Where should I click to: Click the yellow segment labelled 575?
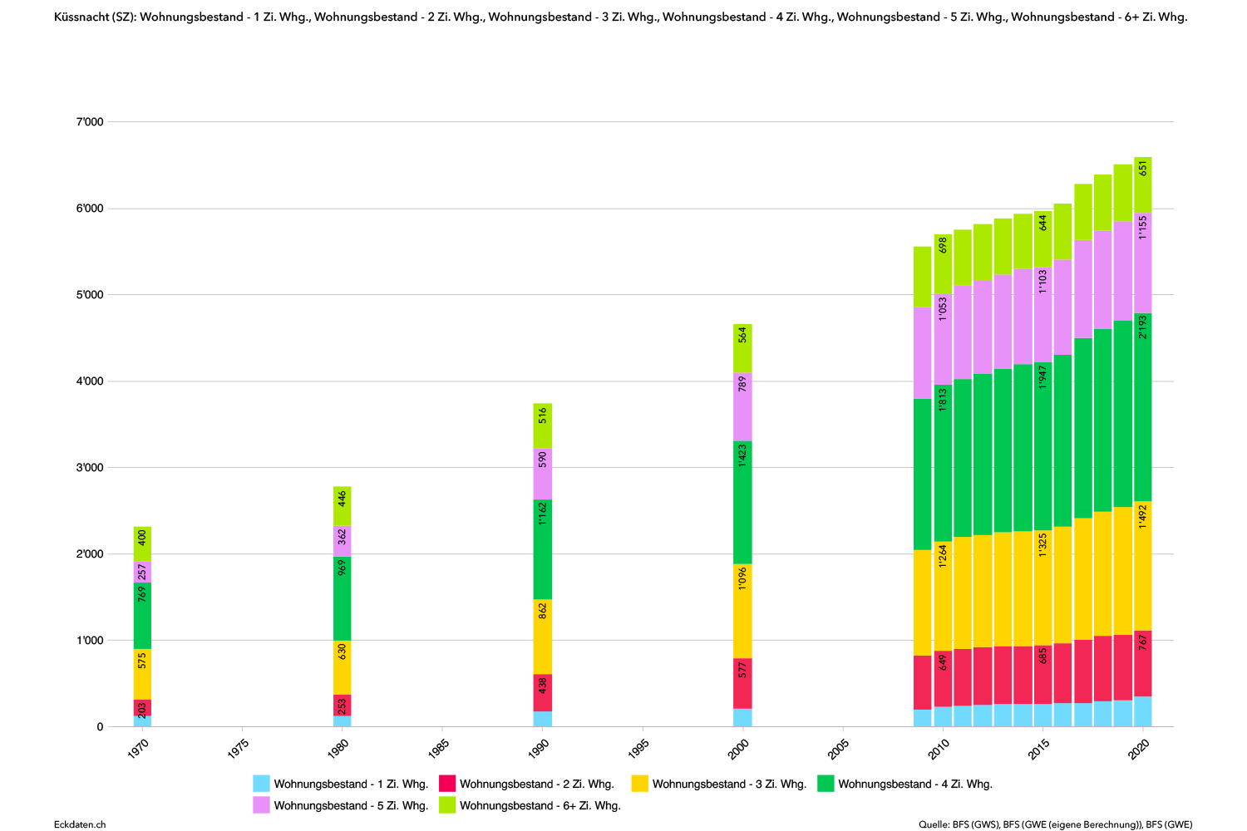coord(142,674)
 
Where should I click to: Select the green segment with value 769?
coord(142,616)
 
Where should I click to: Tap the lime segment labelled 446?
coord(343,506)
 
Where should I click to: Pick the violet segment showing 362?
coord(343,541)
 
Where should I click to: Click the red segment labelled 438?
coord(543,692)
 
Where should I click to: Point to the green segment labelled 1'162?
coord(543,549)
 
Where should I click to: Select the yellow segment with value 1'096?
coord(742,612)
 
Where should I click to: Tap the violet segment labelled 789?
coord(742,406)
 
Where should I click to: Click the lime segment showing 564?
coord(742,348)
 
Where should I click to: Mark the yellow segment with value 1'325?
coord(1043,588)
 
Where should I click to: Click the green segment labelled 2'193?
coord(1143,407)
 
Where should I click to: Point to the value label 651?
coord(1143,168)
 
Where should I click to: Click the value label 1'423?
coord(742,455)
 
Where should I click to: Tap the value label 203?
coord(142,709)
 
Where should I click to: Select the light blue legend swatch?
coord(261,783)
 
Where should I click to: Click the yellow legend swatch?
coord(639,783)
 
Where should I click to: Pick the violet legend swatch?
coord(261,804)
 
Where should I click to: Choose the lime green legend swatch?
coord(447,804)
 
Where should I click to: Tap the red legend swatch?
coord(447,783)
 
